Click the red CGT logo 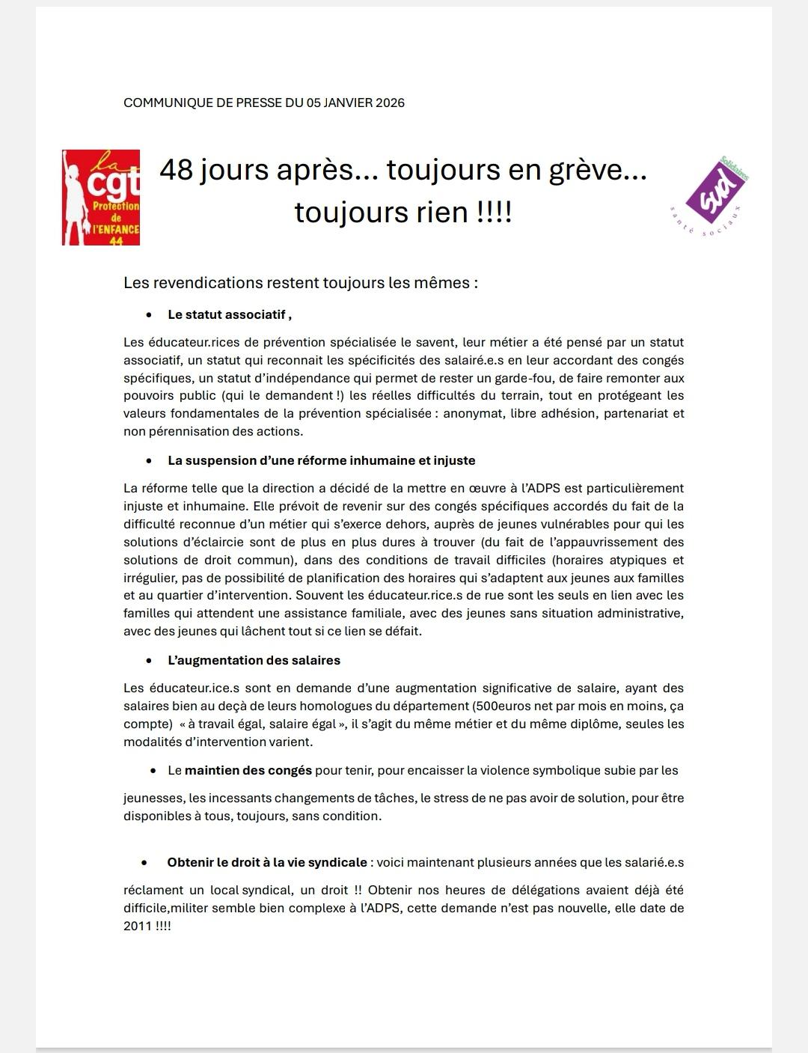(x=101, y=198)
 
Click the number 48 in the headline (x=177, y=171)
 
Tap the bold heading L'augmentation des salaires (x=254, y=661)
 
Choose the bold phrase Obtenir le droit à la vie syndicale (x=267, y=862)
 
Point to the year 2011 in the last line (x=138, y=926)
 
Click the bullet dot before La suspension (x=149, y=461)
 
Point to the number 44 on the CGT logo (x=116, y=241)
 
